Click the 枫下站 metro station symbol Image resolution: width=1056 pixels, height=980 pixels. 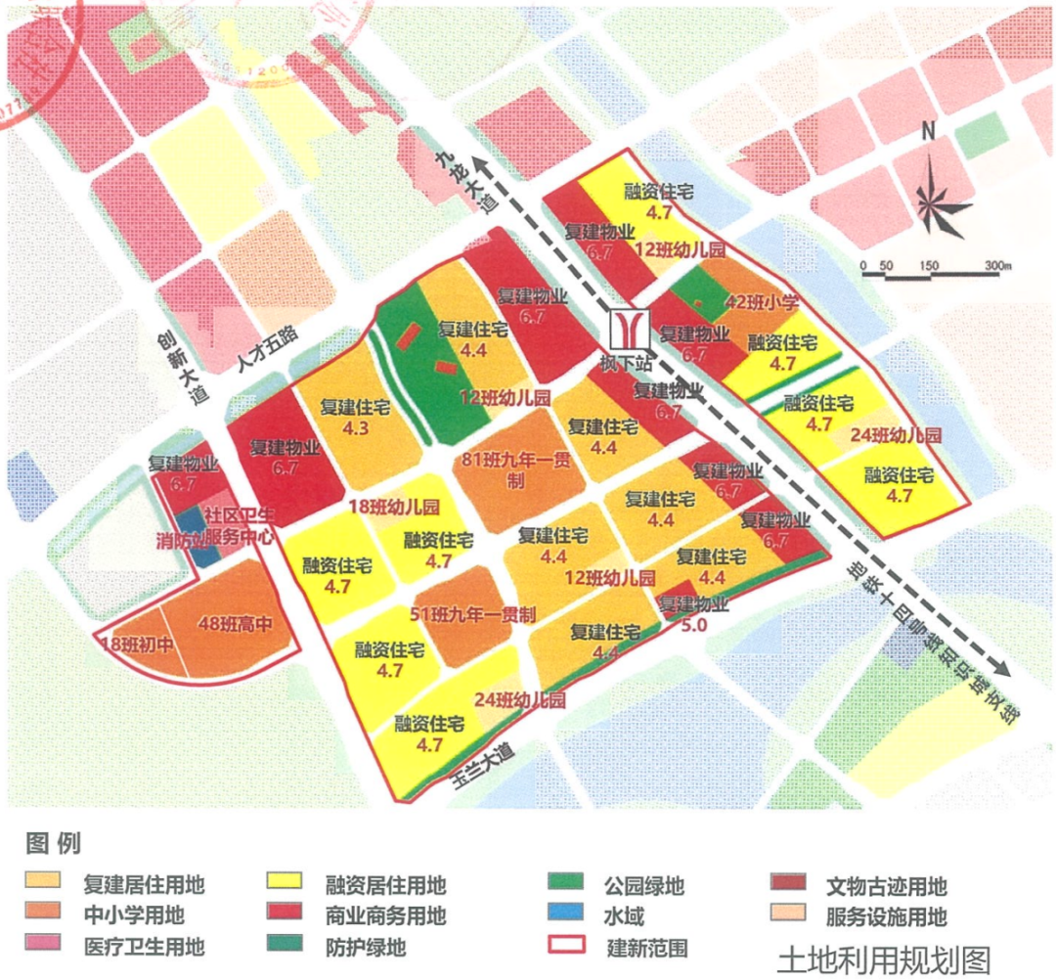tap(626, 330)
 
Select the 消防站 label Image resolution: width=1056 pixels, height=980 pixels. tap(182, 539)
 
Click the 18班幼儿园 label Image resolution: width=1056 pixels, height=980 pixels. tap(395, 507)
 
